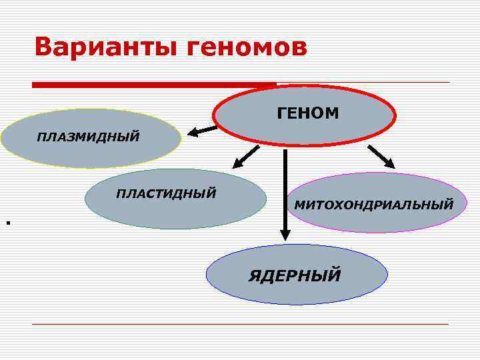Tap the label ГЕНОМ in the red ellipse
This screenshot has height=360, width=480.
pyautogui.click(x=307, y=114)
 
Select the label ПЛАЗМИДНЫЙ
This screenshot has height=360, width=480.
pyautogui.click(x=88, y=137)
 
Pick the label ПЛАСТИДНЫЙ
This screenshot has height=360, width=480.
pyautogui.click(x=166, y=194)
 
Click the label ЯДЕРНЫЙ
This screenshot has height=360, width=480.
pyautogui.click(x=295, y=274)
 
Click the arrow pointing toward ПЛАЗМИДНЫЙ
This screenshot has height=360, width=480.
pyautogui.click(x=202, y=130)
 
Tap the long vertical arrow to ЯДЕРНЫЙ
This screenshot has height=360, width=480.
pyautogui.click(x=285, y=193)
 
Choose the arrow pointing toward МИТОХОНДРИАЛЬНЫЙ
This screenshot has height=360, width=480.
pyautogui.click(x=381, y=157)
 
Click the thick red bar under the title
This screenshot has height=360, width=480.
pyautogui.click(x=154, y=85)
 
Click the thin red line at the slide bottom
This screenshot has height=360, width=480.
pyautogui.click(x=240, y=324)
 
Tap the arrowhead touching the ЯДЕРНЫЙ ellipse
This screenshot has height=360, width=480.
pyautogui.click(x=285, y=234)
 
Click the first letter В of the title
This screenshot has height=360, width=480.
pyautogui.click(x=45, y=47)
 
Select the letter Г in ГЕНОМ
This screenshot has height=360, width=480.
pyautogui.click(x=281, y=114)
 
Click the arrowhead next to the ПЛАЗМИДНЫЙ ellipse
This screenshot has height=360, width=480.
pyautogui.click(x=193, y=132)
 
